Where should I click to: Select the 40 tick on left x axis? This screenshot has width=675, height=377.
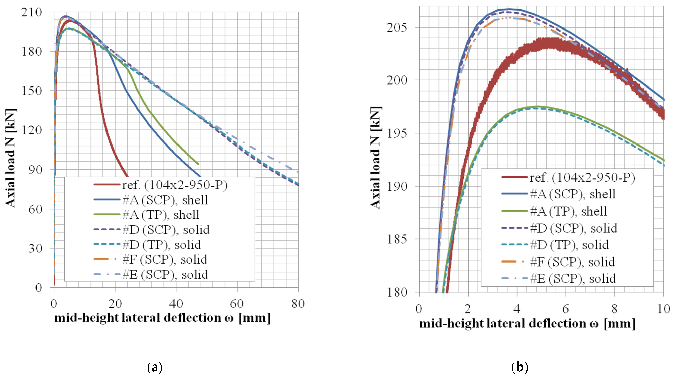[176, 304]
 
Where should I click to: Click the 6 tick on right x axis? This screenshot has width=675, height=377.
[565, 309]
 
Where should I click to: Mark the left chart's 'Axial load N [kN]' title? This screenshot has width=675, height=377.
[11, 158]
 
